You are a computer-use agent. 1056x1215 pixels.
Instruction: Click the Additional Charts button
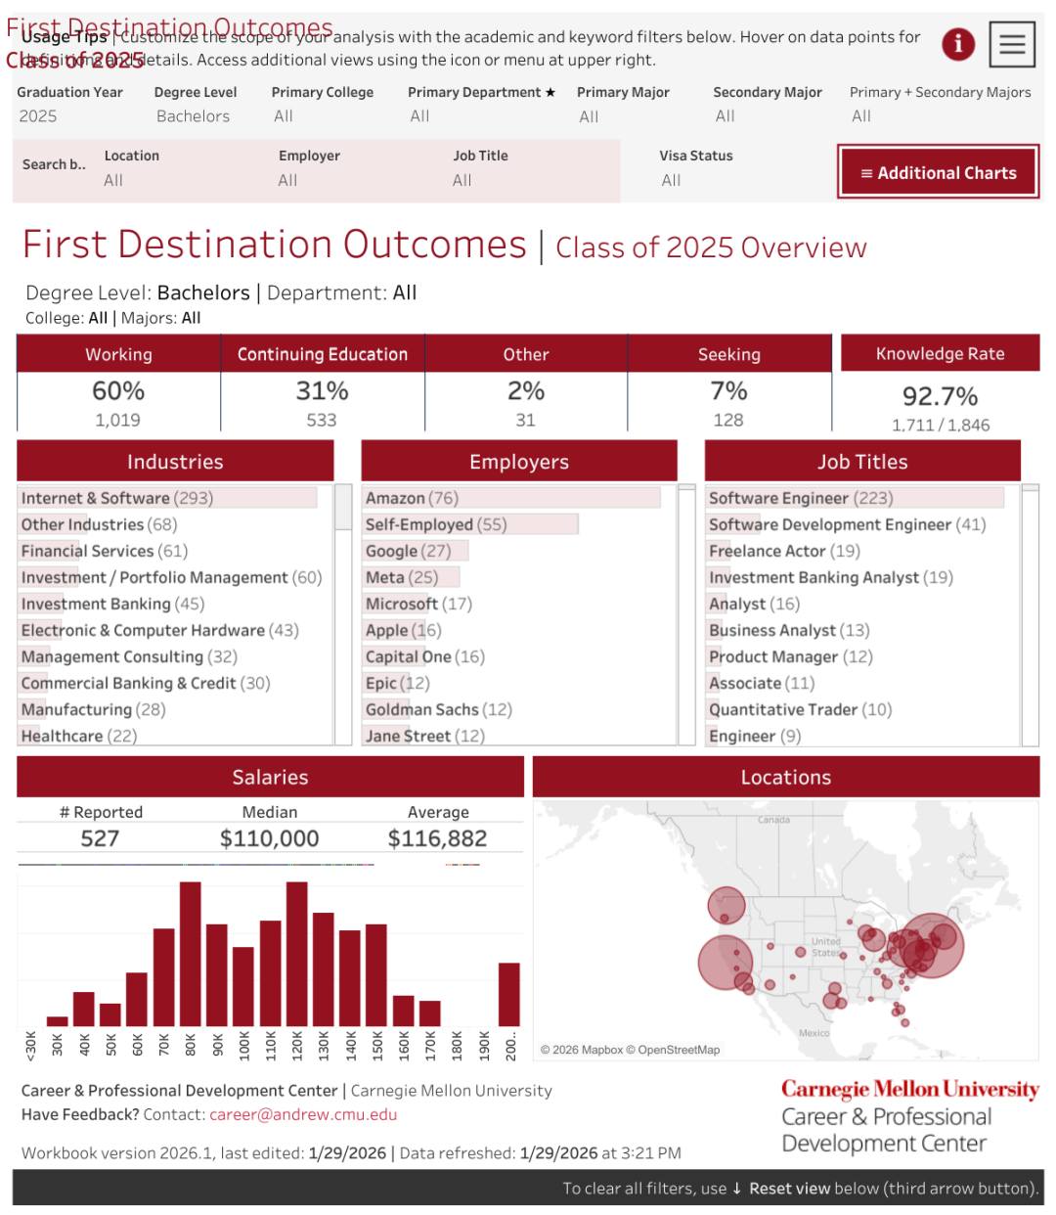(x=938, y=172)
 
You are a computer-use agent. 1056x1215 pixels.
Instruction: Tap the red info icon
(x=958, y=44)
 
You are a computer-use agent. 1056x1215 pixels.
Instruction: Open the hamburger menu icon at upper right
(x=1012, y=44)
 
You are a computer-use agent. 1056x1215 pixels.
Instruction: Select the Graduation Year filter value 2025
(x=38, y=116)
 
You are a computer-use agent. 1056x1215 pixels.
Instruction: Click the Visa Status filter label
(x=695, y=156)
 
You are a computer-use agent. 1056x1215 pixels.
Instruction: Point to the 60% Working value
(x=118, y=391)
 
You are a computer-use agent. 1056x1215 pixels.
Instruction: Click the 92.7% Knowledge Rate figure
(x=940, y=396)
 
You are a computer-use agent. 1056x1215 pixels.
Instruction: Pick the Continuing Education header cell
(x=322, y=354)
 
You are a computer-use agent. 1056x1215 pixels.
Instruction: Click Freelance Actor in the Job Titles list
(x=784, y=551)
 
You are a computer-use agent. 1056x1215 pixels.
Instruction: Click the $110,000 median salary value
(x=269, y=838)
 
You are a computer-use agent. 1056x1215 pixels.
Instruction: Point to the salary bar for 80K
(x=191, y=953)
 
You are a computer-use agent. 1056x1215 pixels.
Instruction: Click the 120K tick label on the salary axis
(x=297, y=1045)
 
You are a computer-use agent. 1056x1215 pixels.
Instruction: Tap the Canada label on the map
(x=773, y=820)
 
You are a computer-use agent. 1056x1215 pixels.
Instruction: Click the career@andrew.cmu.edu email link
(x=303, y=1114)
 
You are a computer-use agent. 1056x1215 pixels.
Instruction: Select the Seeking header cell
(x=728, y=354)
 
